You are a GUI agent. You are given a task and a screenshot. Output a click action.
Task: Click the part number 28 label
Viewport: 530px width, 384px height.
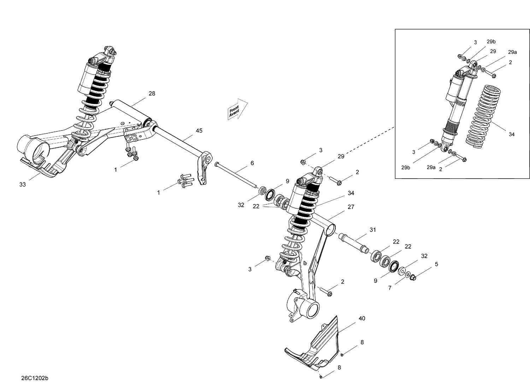[152, 94]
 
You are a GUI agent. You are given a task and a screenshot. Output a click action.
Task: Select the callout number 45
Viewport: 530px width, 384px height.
[199, 131]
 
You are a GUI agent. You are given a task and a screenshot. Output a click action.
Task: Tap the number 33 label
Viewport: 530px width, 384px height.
[23, 185]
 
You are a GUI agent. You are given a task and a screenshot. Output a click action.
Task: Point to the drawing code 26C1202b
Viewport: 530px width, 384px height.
[35, 378]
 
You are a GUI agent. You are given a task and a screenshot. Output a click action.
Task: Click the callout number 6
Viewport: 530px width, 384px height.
[252, 163]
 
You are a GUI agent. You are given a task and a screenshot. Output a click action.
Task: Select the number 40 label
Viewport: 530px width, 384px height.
[362, 319]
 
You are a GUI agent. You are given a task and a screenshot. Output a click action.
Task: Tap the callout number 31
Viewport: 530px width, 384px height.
[373, 230]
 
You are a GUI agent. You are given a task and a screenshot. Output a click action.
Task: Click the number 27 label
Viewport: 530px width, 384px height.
[351, 207]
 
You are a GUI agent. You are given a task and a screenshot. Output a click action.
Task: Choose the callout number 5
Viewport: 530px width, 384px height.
[436, 264]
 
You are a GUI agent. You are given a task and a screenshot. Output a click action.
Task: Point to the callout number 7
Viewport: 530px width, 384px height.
[390, 288]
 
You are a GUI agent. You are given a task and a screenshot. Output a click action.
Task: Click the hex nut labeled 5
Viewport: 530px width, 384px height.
[414, 278]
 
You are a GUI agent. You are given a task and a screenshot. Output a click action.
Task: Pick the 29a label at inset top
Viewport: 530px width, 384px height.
[512, 52]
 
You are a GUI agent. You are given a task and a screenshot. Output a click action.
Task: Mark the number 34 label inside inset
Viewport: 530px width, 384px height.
[512, 134]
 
